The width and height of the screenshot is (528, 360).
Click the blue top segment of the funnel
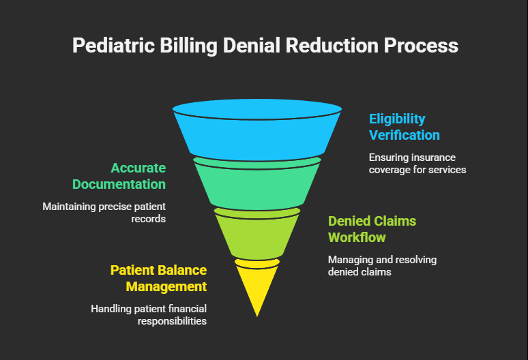(257, 133)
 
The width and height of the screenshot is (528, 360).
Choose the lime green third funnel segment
(257, 235)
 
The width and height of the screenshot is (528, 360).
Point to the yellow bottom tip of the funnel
(257, 286)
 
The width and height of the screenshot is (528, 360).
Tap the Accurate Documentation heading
(119, 176)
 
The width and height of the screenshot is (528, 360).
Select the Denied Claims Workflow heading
(372, 229)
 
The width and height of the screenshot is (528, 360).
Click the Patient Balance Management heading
(158, 278)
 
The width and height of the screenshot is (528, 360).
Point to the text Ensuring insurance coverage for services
(417, 163)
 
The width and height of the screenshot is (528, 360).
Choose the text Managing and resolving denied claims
(382, 265)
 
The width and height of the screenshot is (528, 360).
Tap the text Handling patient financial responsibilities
(149, 314)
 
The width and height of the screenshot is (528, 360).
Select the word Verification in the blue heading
(404, 134)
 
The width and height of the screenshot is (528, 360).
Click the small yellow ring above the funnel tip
(257, 262)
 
